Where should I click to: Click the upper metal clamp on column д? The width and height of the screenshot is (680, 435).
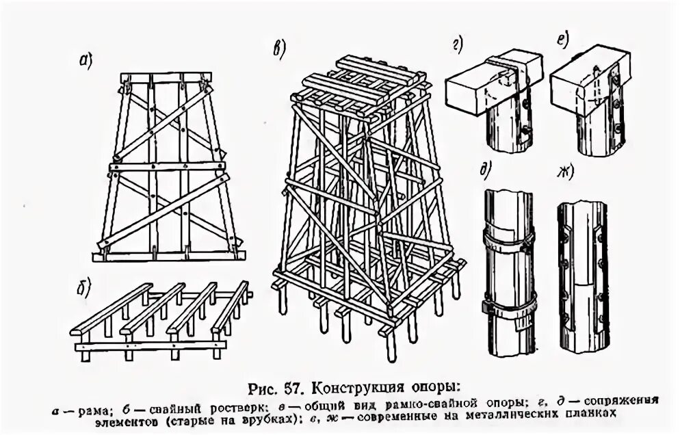pos(508,237)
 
